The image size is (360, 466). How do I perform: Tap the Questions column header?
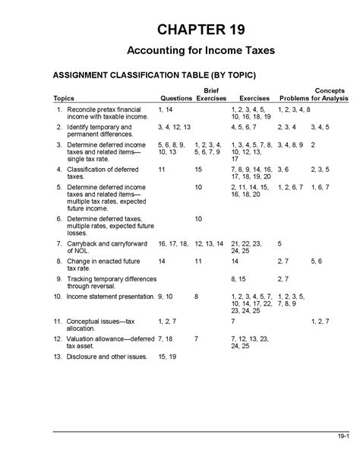(x=175, y=99)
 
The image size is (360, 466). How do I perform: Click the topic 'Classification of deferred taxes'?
(x=94, y=173)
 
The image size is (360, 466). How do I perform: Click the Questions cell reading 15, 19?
(x=167, y=356)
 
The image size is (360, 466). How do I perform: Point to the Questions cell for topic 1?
(x=165, y=111)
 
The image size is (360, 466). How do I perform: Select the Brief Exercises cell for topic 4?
(x=198, y=169)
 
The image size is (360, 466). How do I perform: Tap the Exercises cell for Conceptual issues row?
(x=232, y=322)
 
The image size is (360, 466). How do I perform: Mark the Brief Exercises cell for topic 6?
(x=198, y=219)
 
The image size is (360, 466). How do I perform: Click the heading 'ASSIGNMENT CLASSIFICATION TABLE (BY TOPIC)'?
(x=153, y=76)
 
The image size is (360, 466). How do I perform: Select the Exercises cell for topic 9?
(x=238, y=279)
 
